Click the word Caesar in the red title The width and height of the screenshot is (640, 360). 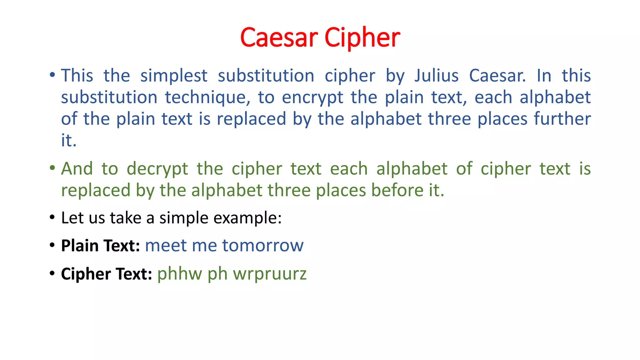[279, 37]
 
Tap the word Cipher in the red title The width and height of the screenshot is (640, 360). [362, 38]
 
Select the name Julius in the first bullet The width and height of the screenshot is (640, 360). [437, 76]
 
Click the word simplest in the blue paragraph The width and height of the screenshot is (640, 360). [174, 76]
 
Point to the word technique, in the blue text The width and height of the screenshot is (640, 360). [207, 97]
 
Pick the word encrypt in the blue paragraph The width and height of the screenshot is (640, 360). [312, 98]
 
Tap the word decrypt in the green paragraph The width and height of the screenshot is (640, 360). [157, 169]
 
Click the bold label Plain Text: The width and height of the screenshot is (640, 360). [100, 246]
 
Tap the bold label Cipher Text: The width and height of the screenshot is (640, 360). [107, 274]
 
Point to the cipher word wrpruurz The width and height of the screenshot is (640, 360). [270, 274]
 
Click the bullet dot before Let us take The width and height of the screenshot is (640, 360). [52, 217]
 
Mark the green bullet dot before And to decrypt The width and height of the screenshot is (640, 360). [52, 168]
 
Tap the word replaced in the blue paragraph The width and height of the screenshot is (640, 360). [251, 119]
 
